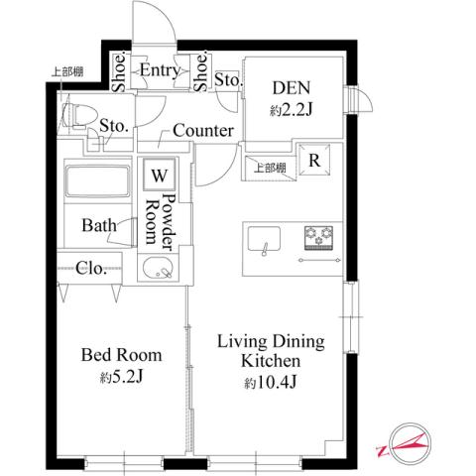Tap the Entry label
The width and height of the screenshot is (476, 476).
click(x=159, y=70)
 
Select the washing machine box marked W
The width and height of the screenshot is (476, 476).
click(x=159, y=175)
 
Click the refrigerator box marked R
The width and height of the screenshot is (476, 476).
click(x=313, y=160)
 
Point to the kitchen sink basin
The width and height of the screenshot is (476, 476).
click(x=263, y=240)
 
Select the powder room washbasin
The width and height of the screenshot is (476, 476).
click(x=155, y=268)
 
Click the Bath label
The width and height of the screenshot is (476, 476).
click(x=100, y=225)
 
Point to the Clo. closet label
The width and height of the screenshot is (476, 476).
click(x=93, y=268)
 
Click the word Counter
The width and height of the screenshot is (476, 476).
click(x=202, y=131)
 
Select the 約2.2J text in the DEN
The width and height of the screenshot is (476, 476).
click(x=293, y=110)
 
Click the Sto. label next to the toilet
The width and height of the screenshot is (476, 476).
click(x=114, y=125)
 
